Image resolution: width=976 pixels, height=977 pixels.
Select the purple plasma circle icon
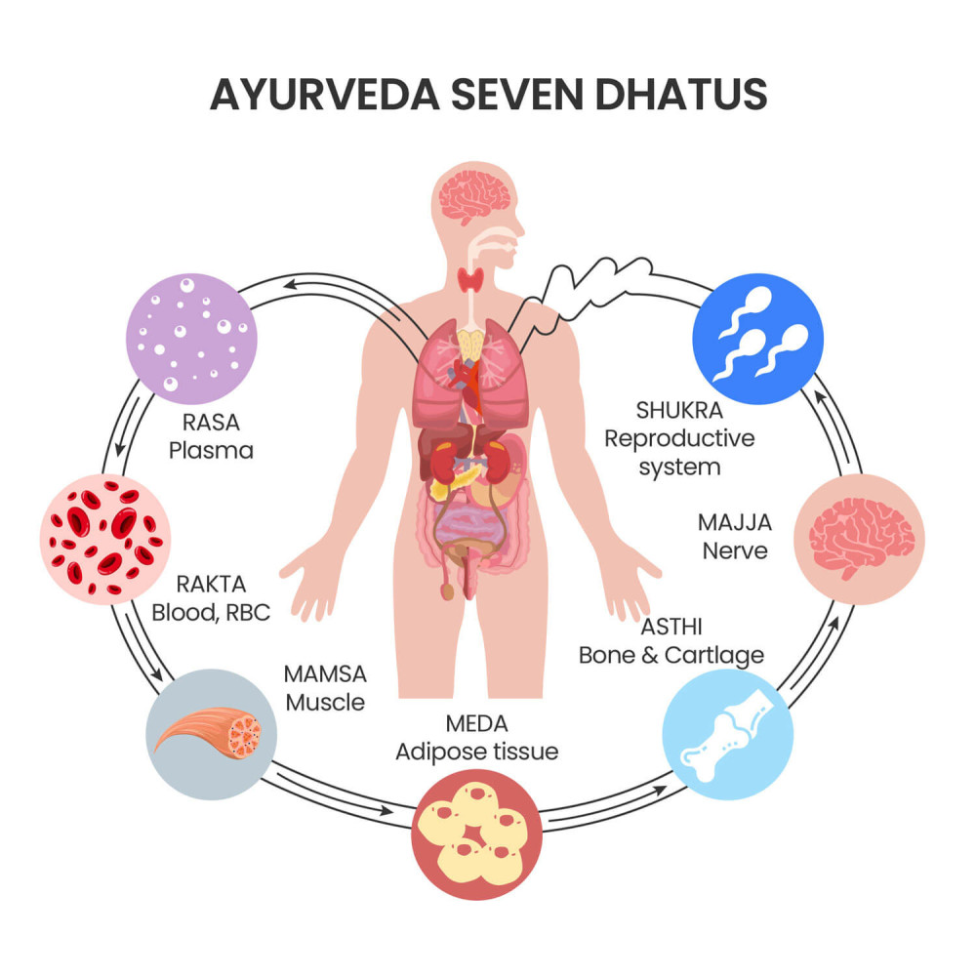point(191,338)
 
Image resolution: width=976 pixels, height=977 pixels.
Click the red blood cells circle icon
point(105,539)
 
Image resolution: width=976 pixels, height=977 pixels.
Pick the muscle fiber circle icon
point(211,734)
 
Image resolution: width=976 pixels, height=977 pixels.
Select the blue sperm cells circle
point(757,339)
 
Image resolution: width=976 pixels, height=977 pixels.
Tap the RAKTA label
point(211,585)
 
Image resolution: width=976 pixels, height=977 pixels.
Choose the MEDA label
point(476,724)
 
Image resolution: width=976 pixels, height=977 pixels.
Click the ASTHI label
point(671,627)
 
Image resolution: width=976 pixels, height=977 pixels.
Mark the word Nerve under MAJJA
point(734,550)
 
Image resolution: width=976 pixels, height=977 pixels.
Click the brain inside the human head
point(472,196)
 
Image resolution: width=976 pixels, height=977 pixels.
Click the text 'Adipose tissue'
point(476,752)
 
